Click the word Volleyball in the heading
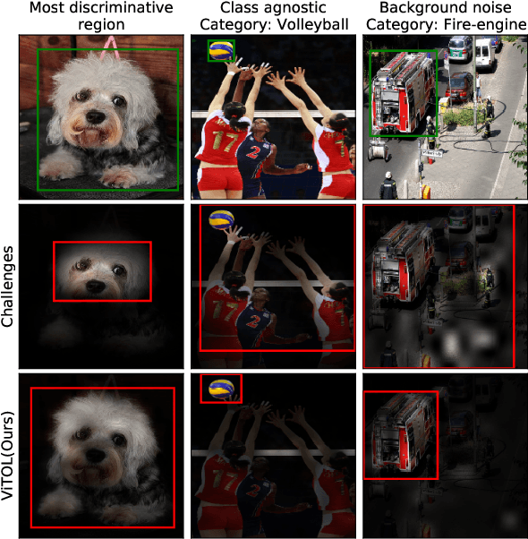click(x=313, y=24)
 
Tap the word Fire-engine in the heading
click(x=485, y=24)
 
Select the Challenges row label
click(x=7, y=287)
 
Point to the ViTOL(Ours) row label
click(x=7, y=456)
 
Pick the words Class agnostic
click(x=273, y=7)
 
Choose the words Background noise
click(x=446, y=7)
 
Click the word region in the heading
click(x=101, y=24)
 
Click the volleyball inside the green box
click(x=222, y=50)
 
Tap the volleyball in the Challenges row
click(x=222, y=219)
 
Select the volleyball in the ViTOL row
click(x=222, y=389)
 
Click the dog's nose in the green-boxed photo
click(x=96, y=117)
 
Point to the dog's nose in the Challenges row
click(x=96, y=286)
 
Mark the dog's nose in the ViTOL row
click(x=96, y=456)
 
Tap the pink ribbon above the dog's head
click(x=110, y=47)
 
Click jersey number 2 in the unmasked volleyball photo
click(x=254, y=151)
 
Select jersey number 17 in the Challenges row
click(x=224, y=311)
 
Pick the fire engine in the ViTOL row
click(x=403, y=436)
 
